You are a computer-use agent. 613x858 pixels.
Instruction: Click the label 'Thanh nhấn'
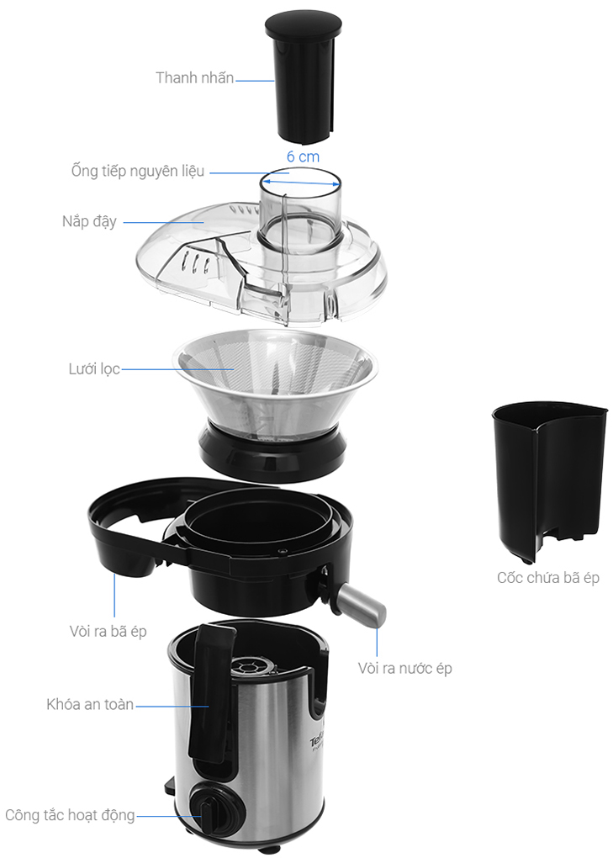[x=195, y=77]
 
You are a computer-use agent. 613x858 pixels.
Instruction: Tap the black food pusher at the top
[x=304, y=77]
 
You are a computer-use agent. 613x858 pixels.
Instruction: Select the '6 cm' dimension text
[x=303, y=156]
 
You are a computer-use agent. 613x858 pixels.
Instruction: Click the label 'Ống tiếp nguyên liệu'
[x=138, y=171]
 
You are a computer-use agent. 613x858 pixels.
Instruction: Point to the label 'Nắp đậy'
[x=89, y=221]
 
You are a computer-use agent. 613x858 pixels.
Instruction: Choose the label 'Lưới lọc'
[x=94, y=368]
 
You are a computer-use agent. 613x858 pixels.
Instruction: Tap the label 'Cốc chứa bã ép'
[x=548, y=578]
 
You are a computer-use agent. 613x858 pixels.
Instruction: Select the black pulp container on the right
[x=549, y=481]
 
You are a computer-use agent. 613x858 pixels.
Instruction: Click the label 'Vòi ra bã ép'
[x=108, y=632]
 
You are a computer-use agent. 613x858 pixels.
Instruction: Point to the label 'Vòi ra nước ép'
[x=404, y=668]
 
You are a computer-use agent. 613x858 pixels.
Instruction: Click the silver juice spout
[x=361, y=605]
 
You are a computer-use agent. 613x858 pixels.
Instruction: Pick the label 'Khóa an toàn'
[x=90, y=704]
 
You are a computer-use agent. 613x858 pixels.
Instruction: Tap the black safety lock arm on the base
[x=210, y=694]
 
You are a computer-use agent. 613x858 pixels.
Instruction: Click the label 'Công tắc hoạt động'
[x=70, y=815]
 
